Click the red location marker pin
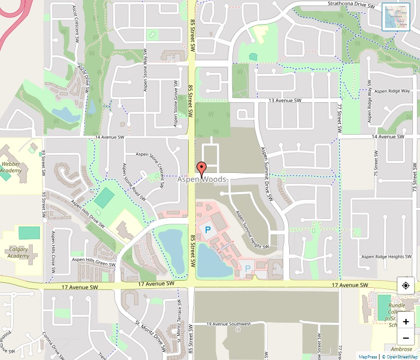point(201,169)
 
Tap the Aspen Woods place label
point(202,179)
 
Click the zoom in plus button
point(406,322)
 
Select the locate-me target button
point(406,286)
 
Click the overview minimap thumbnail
point(396,17)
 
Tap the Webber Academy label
point(11,167)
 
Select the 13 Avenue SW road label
point(285,101)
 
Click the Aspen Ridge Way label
point(392,91)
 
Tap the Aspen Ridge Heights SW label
point(387,257)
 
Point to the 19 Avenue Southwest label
point(229,324)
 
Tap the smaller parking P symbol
point(248,269)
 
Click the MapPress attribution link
point(367,356)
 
